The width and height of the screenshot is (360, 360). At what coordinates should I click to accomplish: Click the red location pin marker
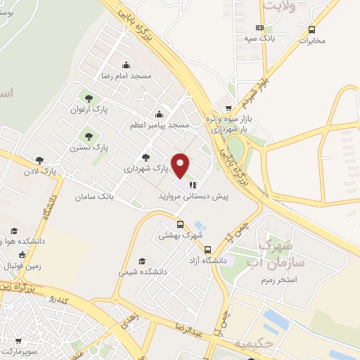click(x=181, y=165)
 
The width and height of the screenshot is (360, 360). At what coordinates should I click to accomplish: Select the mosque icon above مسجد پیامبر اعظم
click(x=160, y=114)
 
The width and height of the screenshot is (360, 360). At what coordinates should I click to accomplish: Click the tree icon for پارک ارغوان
click(x=89, y=98)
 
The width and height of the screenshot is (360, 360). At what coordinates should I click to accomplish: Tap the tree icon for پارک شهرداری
click(x=146, y=157)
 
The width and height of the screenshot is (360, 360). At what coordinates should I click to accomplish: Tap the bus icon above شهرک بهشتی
click(x=181, y=225)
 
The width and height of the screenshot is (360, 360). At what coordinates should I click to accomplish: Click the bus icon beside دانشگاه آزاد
click(x=207, y=249)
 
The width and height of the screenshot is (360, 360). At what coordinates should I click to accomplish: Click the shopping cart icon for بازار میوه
click(x=229, y=108)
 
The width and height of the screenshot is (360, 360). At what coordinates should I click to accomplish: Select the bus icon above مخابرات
click(x=312, y=30)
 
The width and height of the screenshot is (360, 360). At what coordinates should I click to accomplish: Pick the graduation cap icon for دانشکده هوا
click(x=13, y=231)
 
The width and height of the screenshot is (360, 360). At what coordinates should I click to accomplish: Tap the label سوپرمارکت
click(x=21, y=349)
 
